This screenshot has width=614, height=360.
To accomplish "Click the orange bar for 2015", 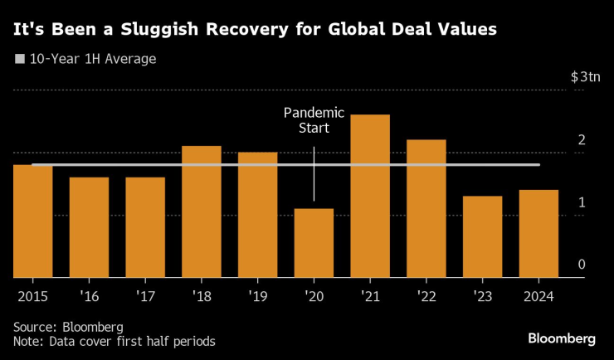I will (x=32, y=221).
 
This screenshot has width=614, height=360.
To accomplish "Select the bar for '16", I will (x=89, y=227).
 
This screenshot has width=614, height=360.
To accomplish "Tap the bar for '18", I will (x=201, y=212).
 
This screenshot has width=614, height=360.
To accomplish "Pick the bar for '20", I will (x=314, y=243).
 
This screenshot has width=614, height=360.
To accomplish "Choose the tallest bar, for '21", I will (x=370, y=196).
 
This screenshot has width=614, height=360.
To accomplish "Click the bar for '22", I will (x=426, y=208).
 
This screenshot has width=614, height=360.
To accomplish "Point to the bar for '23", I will (x=482, y=236).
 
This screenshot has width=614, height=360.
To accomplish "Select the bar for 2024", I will (x=538, y=234).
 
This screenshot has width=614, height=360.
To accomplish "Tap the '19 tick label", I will (x=257, y=296).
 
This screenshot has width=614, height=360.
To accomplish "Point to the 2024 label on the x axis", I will (x=538, y=296).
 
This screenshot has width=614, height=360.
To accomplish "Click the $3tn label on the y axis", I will (x=584, y=77).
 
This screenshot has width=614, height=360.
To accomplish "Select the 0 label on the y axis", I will (x=582, y=265).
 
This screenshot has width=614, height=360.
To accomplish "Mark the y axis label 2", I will (x=582, y=139).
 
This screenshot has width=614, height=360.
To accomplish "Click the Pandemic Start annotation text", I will (x=306, y=120).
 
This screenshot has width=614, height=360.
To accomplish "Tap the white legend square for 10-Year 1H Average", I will (x=20, y=60).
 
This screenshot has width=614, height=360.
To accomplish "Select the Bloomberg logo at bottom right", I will (x=562, y=338).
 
